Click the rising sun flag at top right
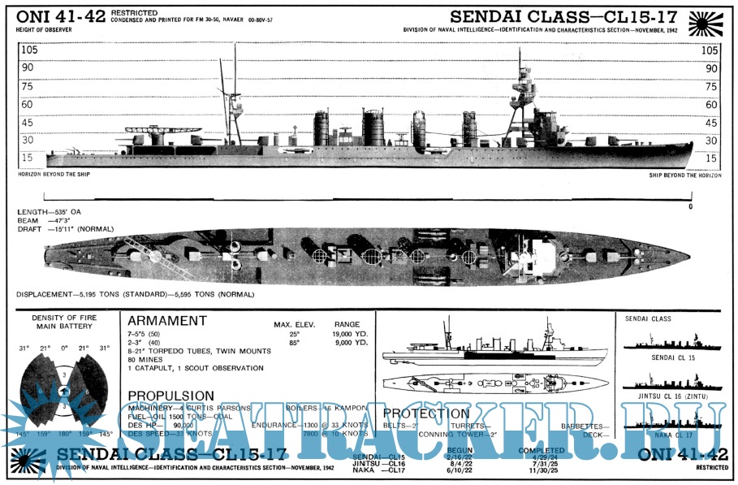click(x=705, y=23)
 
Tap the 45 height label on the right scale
click(x=710, y=123)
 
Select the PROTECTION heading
click(x=425, y=414)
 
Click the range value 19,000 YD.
click(x=350, y=333)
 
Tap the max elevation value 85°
click(x=293, y=342)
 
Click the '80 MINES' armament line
click(x=146, y=359)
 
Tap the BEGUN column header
click(x=459, y=450)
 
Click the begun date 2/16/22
click(x=459, y=457)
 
